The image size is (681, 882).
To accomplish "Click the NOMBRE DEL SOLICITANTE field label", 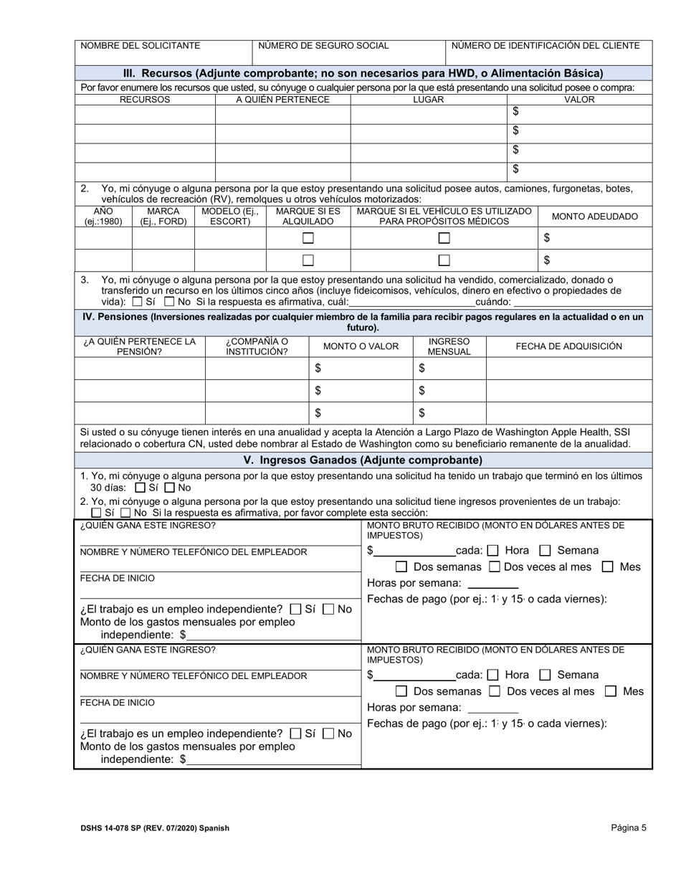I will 141,46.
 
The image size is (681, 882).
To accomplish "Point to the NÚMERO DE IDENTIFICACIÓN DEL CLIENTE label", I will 546,46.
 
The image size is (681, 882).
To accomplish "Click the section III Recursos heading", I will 363,73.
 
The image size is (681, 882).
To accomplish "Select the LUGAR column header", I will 428,100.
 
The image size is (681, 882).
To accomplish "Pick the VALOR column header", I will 580,100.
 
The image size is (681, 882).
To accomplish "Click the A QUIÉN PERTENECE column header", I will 282,100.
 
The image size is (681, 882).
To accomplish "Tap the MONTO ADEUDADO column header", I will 594,217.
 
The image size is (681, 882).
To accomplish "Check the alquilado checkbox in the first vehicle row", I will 308,238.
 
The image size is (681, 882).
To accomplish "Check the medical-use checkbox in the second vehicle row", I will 444,260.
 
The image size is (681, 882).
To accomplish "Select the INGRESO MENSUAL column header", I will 449,346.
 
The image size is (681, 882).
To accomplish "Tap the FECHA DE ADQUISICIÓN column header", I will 568,346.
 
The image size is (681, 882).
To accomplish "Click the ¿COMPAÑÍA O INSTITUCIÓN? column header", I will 257,346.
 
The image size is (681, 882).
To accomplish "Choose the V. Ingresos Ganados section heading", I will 363,460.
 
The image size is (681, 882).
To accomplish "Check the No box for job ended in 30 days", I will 169,488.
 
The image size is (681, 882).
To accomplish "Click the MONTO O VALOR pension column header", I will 361,346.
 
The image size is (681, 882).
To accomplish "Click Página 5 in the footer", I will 629,828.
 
